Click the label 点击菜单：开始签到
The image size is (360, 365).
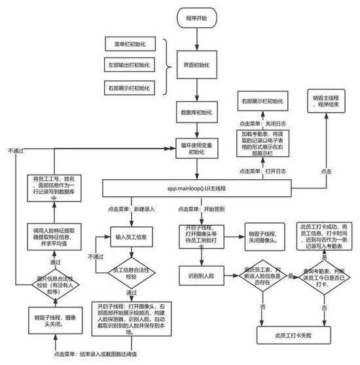point(203,209)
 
